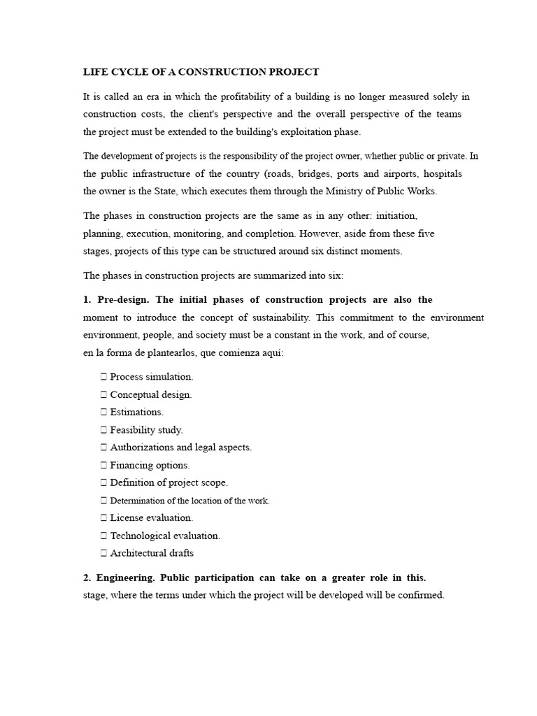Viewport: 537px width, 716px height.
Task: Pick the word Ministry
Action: tap(359, 191)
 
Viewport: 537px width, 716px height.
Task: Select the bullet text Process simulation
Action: tap(152, 377)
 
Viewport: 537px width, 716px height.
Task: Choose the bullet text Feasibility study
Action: tap(146, 430)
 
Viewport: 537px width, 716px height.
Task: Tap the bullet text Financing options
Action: tap(150, 465)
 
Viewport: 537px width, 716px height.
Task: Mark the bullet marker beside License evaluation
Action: tap(103, 518)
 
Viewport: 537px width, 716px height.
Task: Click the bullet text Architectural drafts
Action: tap(152, 553)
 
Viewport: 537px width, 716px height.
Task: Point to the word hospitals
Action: tap(440, 173)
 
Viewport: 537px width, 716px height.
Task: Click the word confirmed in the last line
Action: tap(422, 596)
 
